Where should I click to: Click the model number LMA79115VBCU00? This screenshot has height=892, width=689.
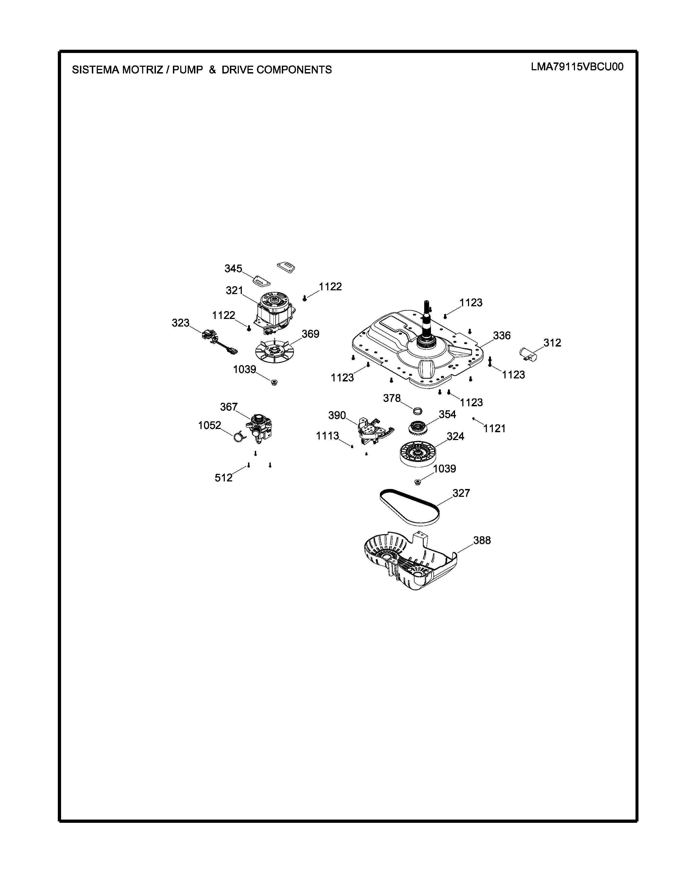[577, 67]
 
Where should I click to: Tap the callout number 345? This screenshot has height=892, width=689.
[233, 269]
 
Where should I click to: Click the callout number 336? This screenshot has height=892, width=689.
[502, 336]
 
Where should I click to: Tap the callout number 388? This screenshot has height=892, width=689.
[482, 540]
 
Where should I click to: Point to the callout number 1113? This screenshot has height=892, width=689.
[327, 436]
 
